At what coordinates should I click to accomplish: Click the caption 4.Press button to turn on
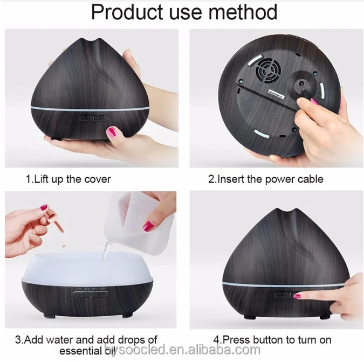click(x=272, y=339)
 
